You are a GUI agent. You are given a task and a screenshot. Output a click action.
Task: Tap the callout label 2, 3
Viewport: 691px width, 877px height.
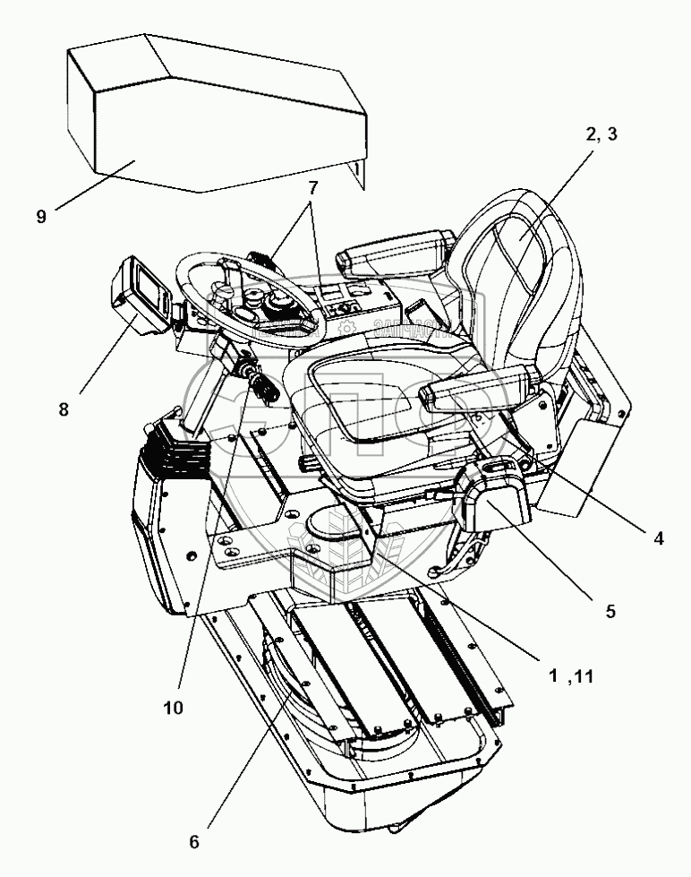click(x=601, y=135)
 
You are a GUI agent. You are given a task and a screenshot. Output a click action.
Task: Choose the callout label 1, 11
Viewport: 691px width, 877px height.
click(x=571, y=679)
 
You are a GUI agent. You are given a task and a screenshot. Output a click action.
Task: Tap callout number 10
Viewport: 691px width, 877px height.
click(x=173, y=707)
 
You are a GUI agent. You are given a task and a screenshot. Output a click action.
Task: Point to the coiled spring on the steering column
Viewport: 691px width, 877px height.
click(x=264, y=387)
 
